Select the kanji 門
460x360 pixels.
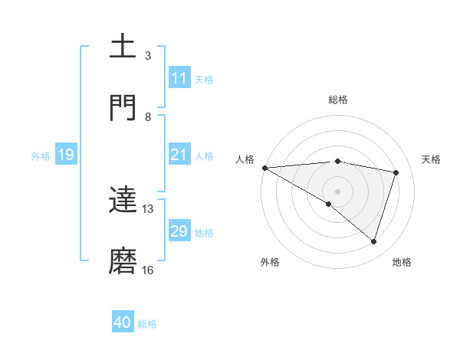click(x=123, y=108)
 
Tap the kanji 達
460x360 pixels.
click(x=123, y=201)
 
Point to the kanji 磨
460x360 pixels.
click(x=123, y=261)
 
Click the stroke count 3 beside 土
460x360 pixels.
click(x=148, y=56)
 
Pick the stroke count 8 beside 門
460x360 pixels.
click(x=148, y=116)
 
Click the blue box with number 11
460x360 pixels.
click(x=179, y=78)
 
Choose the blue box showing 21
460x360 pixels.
click(x=179, y=155)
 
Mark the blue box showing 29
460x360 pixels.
click(x=179, y=231)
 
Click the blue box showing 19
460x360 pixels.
click(x=65, y=155)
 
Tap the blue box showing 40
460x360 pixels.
click(x=123, y=323)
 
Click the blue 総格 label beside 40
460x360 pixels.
click(x=147, y=324)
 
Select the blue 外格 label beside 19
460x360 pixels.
click(x=41, y=155)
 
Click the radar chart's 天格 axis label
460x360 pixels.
click(x=432, y=159)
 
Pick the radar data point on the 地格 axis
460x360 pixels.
click(x=374, y=242)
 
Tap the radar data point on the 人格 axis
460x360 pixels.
click(x=264, y=168)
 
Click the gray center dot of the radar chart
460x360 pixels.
click(x=338, y=191)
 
